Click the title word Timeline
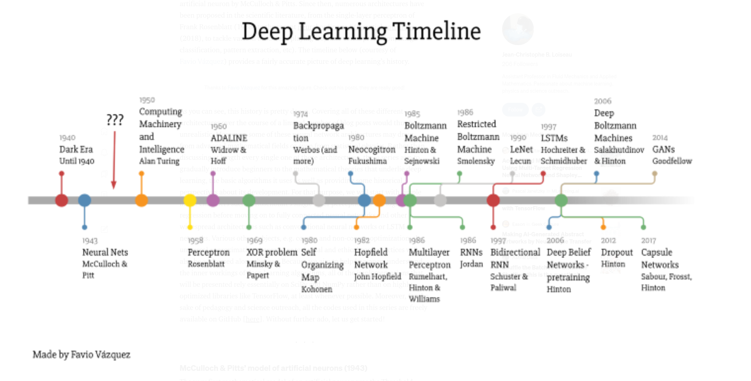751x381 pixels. [x=436, y=31]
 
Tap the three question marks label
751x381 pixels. [x=115, y=120]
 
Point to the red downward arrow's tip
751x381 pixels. [x=114, y=187]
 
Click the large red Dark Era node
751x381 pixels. [x=62, y=200]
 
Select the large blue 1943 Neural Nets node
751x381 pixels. [x=84, y=200]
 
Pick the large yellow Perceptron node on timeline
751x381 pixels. [x=190, y=200]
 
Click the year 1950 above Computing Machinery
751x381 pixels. [x=147, y=100]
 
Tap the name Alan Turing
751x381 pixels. [x=159, y=161]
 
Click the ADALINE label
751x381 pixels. [x=229, y=138]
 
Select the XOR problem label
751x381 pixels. [x=272, y=252]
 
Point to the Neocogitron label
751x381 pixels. [x=372, y=149]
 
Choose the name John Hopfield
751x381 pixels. [x=377, y=276]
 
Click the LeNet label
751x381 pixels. [x=521, y=149]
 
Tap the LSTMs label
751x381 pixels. [x=554, y=138]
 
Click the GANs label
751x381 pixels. [x=663, y=149]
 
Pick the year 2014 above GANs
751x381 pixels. [x=660, y=138]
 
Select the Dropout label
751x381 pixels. [x=616, y=252]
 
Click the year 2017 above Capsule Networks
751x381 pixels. [x=648, y=241]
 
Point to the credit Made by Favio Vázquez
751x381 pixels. [x=82, y=355]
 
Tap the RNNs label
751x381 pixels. [x=471, y=252]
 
